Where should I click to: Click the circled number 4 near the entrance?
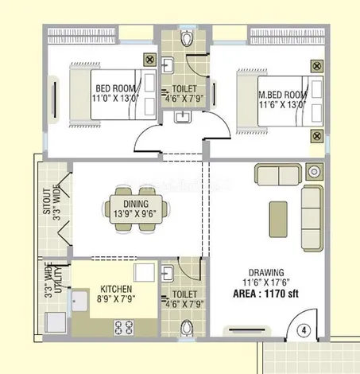point(304,330)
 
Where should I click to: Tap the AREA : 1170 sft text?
point(265,294)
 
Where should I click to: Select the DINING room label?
point(136,204)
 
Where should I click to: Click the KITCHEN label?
point(116,289)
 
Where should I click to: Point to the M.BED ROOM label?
point(282,95)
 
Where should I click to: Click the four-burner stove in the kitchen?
point(124,327)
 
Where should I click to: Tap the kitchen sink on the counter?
point(79,302)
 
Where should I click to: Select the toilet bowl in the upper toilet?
point(187,38)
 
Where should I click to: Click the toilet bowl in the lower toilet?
point(187,328)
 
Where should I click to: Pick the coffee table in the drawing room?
point(278,219)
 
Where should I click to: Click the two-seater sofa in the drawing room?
point(278,174)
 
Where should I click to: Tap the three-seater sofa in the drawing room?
point(312,218)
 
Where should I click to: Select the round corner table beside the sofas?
point(315,172)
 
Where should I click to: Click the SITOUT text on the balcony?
point(47,201)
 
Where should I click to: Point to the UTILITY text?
point(58,280)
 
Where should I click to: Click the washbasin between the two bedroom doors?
point(183,117)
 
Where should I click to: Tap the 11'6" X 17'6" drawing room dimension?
point(266,282)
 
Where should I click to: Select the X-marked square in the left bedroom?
point(149,60)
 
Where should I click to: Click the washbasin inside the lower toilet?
point(168,273)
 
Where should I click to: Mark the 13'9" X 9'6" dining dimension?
point(135,213)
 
